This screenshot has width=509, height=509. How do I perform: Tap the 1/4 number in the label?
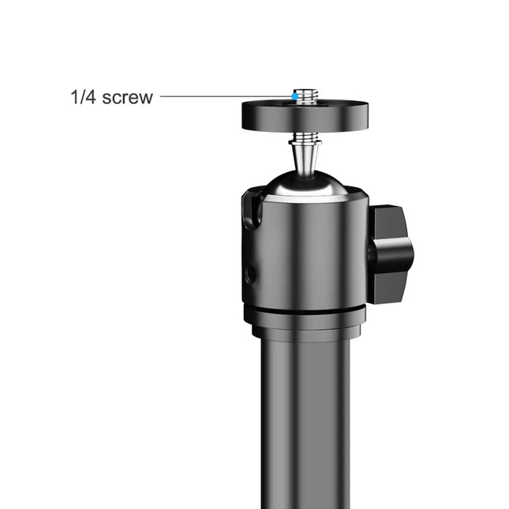click(x=81, y=99)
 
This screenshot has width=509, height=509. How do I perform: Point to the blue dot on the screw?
click(x=294, y=96)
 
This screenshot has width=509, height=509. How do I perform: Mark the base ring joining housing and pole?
click(x=304, y=319)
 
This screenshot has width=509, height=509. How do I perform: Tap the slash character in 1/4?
click(x=81, y=99)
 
